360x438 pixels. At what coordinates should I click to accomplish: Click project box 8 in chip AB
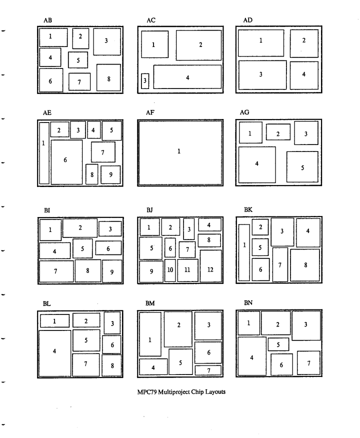click(108, 77)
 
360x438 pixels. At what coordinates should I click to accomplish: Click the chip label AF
click(149, 113)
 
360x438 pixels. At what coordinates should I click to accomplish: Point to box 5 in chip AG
click(302, 166)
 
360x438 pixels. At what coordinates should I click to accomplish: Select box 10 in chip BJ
click(170, 270)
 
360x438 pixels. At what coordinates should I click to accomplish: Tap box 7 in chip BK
click(280, 264)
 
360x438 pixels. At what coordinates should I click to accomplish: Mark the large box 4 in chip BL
click(54, 353)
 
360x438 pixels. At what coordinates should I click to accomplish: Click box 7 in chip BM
click(208, 370)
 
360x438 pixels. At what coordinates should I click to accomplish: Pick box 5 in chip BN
click(278, 344)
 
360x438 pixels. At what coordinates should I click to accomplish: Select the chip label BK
click(248, 209)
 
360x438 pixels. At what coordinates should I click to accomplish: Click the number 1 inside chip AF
click(179, 151)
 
